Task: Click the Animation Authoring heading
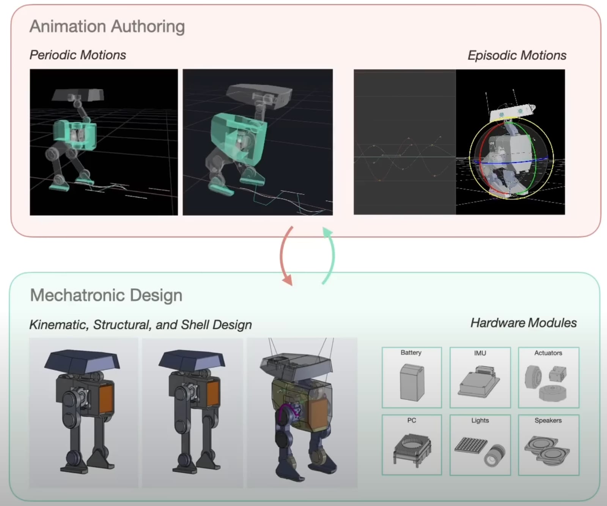coord(107,27)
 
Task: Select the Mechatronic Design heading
coord(106,295)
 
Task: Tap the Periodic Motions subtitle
coord(78,55)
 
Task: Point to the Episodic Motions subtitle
coord(517,55)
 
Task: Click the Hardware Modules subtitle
coord(524,323)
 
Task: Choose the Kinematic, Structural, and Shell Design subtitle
coord(140,325)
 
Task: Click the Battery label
coord(411,353)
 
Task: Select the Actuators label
coord(548,353)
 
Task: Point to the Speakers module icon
coord(547,450)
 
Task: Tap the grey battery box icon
coord(412,382)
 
